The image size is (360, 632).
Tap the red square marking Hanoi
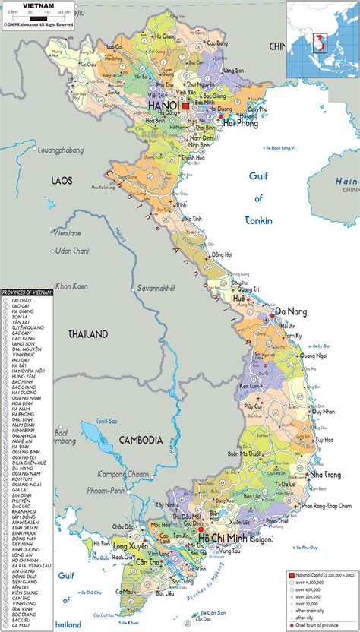coord(185,107)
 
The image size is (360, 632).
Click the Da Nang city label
coord(291,311)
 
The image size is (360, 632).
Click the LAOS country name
coord(62,180)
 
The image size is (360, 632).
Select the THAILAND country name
coord(88,333)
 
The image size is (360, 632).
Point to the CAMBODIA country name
coord(141,440)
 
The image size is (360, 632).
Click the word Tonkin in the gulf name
coord(258,221)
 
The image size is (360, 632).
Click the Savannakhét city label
coord(156,289)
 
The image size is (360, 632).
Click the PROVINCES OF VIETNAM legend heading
coord(28,292)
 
